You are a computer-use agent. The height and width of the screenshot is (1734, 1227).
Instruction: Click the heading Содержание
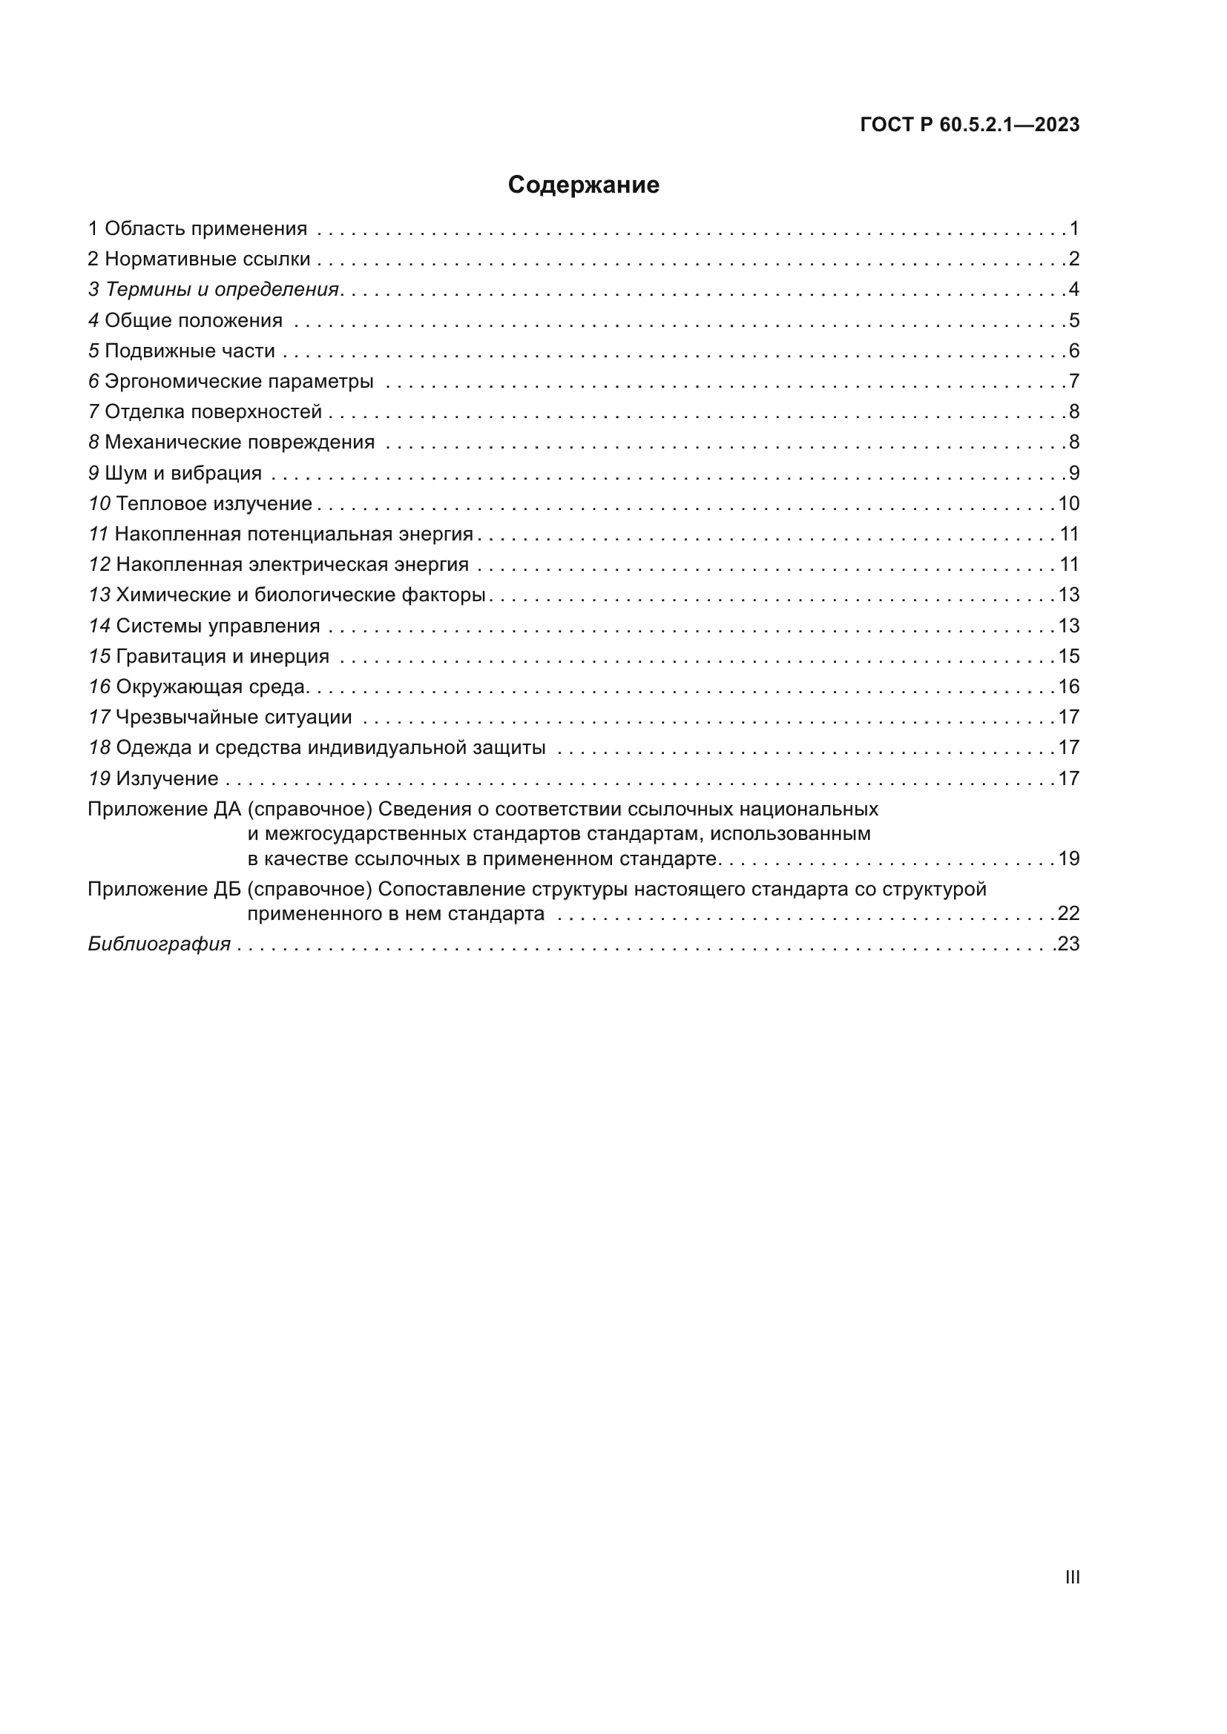[x=583, y=185]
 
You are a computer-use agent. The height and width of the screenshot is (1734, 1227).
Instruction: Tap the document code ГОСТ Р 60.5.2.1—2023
[x=970, y=125]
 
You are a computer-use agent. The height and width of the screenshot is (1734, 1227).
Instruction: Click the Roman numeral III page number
[x=1072, y=1577]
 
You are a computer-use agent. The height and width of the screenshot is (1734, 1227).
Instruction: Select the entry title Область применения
[x=205, y=229]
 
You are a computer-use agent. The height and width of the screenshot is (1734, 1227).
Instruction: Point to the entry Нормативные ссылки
[x=207, y=259]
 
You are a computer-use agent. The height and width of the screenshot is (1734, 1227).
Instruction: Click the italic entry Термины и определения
[x=222, y=289]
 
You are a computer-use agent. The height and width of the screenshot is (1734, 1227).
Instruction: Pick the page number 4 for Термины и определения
[x=1073, y=289]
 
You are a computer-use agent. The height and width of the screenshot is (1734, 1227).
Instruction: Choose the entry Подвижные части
[x=190, y=351]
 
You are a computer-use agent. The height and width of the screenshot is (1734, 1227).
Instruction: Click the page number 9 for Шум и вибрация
[x=1073, y=473]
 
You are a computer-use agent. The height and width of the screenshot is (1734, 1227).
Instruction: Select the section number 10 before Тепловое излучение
[x=99, y=503]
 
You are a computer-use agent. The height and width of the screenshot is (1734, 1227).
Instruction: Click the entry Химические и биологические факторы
[x=300, y=595]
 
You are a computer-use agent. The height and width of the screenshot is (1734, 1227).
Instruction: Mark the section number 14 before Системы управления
[x=99, y=626]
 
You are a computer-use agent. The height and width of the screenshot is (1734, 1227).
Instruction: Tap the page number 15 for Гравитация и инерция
[x=1068, y=656]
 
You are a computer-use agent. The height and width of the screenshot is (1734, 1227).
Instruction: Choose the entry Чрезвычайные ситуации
[x=234, y=718]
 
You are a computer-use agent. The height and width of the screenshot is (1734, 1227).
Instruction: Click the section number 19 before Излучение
[x=99, y=778]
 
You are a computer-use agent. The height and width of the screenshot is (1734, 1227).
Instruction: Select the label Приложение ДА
[x=164, y=809]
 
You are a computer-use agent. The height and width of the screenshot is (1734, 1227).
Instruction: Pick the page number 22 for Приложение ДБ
[x=1068, y=914]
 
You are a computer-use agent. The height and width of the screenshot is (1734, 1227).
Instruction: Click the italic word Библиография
[x=159, y=944]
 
